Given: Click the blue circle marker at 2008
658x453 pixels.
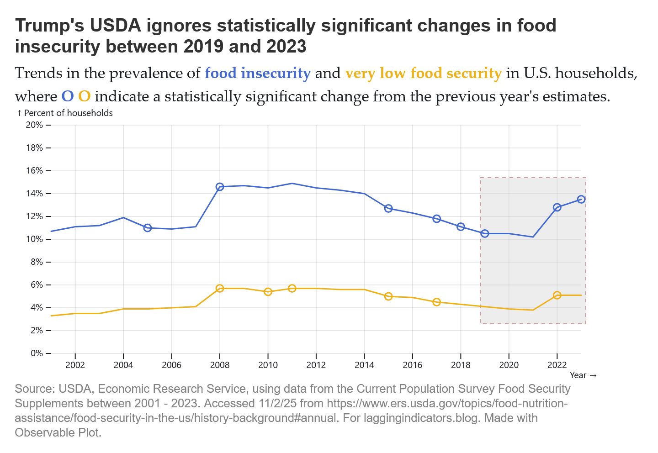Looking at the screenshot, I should [x=220, y=187].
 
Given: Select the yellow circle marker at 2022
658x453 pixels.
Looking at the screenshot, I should [x=557, y=295].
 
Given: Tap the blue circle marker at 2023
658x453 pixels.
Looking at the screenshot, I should [x=581, y=199].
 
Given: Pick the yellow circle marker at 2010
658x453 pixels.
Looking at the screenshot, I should [x=268, y=292].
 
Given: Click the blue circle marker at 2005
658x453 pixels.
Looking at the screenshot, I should [x=148, y=228].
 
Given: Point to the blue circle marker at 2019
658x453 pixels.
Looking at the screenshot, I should [x=485, y=233].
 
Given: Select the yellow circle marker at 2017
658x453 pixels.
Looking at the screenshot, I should [x=436, y=302].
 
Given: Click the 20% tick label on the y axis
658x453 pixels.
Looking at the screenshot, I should [x=35, y=125].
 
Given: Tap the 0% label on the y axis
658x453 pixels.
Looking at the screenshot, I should [x=37, y=353].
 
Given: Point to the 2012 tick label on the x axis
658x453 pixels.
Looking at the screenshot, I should [x=316, y=365].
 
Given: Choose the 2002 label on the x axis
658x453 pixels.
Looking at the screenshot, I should [x=75, y=365].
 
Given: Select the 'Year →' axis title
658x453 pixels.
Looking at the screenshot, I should [x=583, y=375].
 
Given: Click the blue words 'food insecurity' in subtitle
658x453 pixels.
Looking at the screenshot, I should [x=258, y=73].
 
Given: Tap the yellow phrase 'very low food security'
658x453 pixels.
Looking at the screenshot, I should [x=423, y=73].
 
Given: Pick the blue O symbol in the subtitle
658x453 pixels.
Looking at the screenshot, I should [x=67, y=96].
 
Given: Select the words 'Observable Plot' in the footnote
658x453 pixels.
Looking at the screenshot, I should [x=57, y=432].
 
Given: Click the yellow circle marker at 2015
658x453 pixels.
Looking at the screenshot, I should [x=388, y=296].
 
